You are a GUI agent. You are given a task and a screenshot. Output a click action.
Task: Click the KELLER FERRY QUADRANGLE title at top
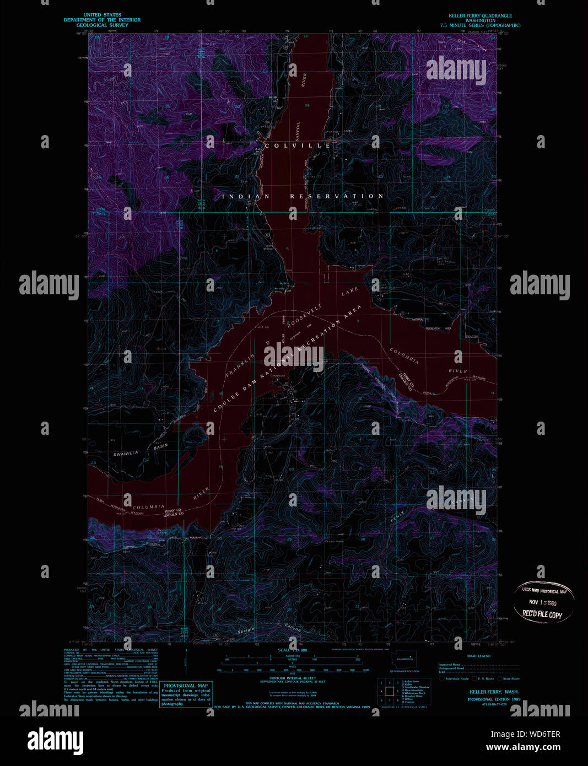point(480,16)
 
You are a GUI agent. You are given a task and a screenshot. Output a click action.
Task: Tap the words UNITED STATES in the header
point(102,15)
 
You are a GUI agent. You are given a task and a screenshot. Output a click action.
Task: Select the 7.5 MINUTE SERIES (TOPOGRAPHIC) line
point(480,25)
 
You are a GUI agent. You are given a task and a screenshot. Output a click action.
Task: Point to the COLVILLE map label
point(298,145)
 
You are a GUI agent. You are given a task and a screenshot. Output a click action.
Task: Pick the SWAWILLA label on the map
point(126,454)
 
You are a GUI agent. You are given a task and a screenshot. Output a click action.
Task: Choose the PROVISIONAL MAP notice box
point(186,694)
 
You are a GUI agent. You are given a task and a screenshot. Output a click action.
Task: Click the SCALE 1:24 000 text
point(292,650)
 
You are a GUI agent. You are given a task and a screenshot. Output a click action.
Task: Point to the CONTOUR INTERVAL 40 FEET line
point(293,678)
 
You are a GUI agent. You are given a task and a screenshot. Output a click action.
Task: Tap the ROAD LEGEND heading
point(478,656)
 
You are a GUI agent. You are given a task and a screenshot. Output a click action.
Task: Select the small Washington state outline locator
point(404,659)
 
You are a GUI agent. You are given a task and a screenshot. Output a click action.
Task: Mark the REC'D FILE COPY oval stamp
point(544,601)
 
